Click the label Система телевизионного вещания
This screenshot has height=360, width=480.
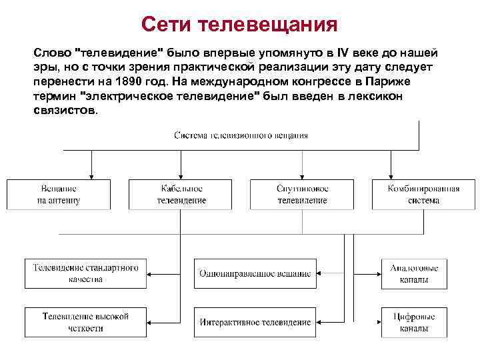tap(241, 135)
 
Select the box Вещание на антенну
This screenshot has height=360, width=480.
tap(58, 194)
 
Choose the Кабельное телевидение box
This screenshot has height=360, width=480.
tap(182, 194)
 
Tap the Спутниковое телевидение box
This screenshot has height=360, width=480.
tap(302, 194)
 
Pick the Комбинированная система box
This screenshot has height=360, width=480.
tap(423, 194)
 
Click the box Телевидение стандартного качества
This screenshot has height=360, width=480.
tap(86, 273)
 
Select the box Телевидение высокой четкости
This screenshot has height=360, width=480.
tap(86, 322)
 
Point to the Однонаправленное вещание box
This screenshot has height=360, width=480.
tap(255, 273)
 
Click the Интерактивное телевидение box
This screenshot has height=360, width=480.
tap(255, 322)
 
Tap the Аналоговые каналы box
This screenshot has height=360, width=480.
tap(413, 273)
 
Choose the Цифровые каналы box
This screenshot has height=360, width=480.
tap(413, 322)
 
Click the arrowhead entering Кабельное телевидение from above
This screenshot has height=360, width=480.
tap(182, 175)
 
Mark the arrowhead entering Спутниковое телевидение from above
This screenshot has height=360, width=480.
tap(302, 175)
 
